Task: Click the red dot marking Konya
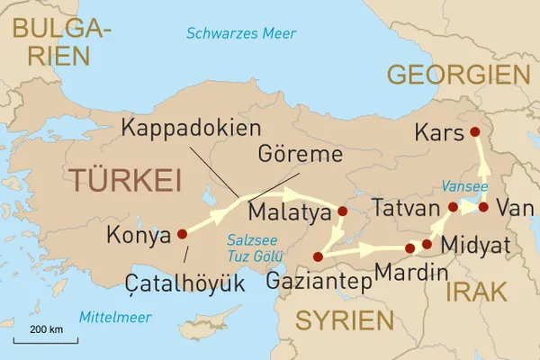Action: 183,233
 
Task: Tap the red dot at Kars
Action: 475,132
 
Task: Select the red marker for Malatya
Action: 342,212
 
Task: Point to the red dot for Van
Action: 483,207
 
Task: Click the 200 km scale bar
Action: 45,338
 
